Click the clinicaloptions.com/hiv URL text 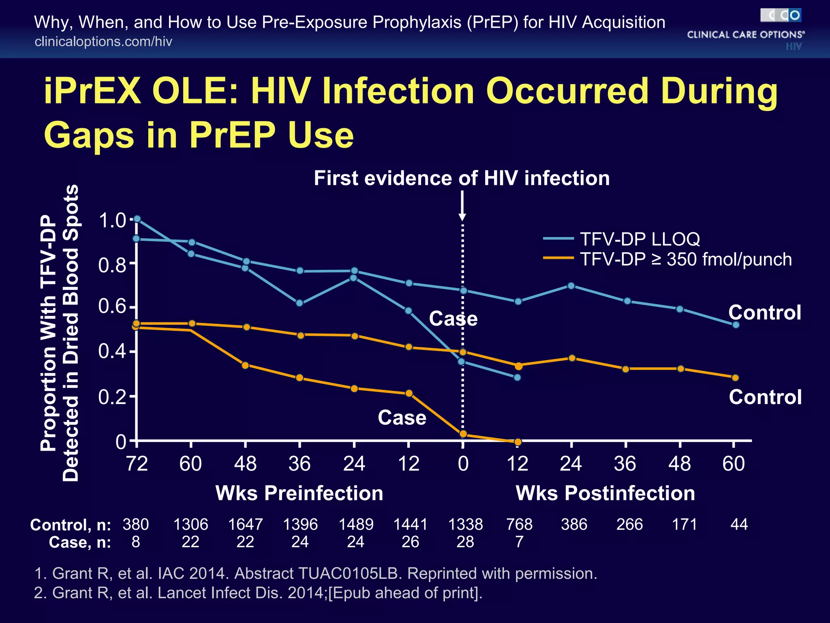click(103, 41)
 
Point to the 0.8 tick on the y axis click(113, 265)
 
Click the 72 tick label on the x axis click(137, 464)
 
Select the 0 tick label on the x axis click(463, 464)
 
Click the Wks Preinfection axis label click(299, 493)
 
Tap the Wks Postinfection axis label click(605, 493)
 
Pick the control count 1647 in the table click(245, 524)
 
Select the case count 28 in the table click(465, 542)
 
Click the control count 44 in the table click(738, 524)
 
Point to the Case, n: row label click(80, 542)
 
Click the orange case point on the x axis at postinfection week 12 click(518, 442)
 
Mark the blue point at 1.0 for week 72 click(137, 219)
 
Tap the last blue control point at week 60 click(736, 324)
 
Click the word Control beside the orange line click(765, 397)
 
